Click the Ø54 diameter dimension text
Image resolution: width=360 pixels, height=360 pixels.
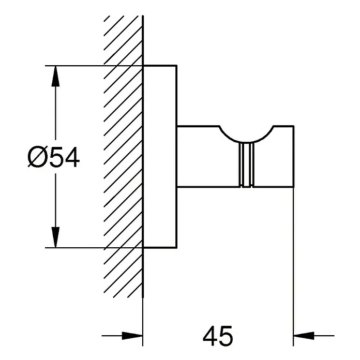click(x=54, y=157)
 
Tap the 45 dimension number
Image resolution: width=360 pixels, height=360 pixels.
click(x=218, y=336)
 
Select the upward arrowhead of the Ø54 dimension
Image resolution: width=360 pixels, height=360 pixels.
click(x=55, y=76)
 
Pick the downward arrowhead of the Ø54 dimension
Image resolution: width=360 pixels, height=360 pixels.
click(x=55, y=237)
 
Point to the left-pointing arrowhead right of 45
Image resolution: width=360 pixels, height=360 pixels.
click(x=304, y=336)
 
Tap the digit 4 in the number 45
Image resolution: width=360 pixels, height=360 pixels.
click(x=210, y=336)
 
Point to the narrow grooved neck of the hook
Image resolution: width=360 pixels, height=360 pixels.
click(x=246, y=164)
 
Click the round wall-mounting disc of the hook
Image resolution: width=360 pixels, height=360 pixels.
click(x=160, y=157)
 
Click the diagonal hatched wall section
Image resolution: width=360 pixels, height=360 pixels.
click(x=123, y=157)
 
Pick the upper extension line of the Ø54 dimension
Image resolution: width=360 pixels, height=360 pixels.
click(x=94, y=66)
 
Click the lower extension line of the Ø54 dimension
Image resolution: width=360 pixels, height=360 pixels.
click(x=94, y=248)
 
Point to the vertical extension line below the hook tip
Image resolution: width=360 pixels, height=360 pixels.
click(x=293, y=266)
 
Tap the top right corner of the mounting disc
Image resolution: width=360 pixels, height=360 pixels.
click(x=176, y=66)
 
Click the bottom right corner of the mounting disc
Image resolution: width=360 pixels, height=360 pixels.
click(x=176, y=248)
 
